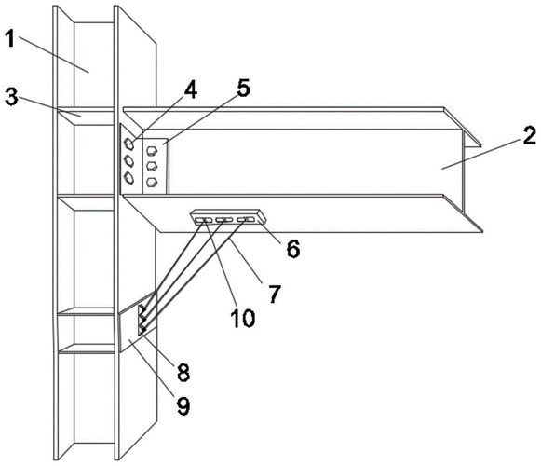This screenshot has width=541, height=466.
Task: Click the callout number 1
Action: coord(10,38)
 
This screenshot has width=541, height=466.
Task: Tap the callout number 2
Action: coord(530,136)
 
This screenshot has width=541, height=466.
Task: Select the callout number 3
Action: coord(11,97)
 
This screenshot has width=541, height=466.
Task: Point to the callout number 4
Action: coord(191,89)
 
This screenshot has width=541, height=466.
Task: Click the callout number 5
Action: coord(243,88)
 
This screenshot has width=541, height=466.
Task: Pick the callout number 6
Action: coord(293,248)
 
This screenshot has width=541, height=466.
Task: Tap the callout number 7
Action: coord(275,294)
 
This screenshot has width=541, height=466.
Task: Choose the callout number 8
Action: coord(183,373)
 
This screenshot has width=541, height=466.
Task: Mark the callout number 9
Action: coord(183,405)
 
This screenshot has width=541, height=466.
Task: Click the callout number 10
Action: coord(243,318)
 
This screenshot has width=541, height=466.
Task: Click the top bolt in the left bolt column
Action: coord(128,144)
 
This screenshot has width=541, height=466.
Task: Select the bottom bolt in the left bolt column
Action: coord(128,177)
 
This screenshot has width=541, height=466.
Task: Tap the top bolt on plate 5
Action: coord(152,151)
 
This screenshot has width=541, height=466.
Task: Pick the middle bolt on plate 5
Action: coord(152,166)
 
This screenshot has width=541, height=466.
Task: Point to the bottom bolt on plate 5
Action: coord(152,182)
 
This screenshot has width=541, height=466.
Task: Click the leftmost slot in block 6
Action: coord(204,220)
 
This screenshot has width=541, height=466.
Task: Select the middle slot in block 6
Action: coord(224,219)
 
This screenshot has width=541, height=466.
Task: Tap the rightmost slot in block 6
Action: coord(246,219)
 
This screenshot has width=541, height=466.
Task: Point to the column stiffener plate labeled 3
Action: coord(86,116)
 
